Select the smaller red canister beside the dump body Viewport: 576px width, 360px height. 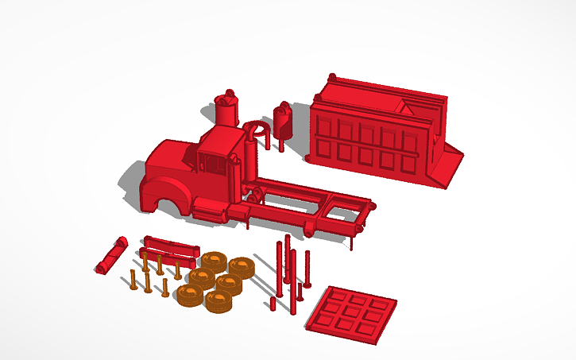point(283,121)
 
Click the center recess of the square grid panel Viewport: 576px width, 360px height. point(351,315)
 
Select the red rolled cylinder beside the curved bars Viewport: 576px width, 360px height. point(110,255)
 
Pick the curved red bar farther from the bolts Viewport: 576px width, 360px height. point(171,242)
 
